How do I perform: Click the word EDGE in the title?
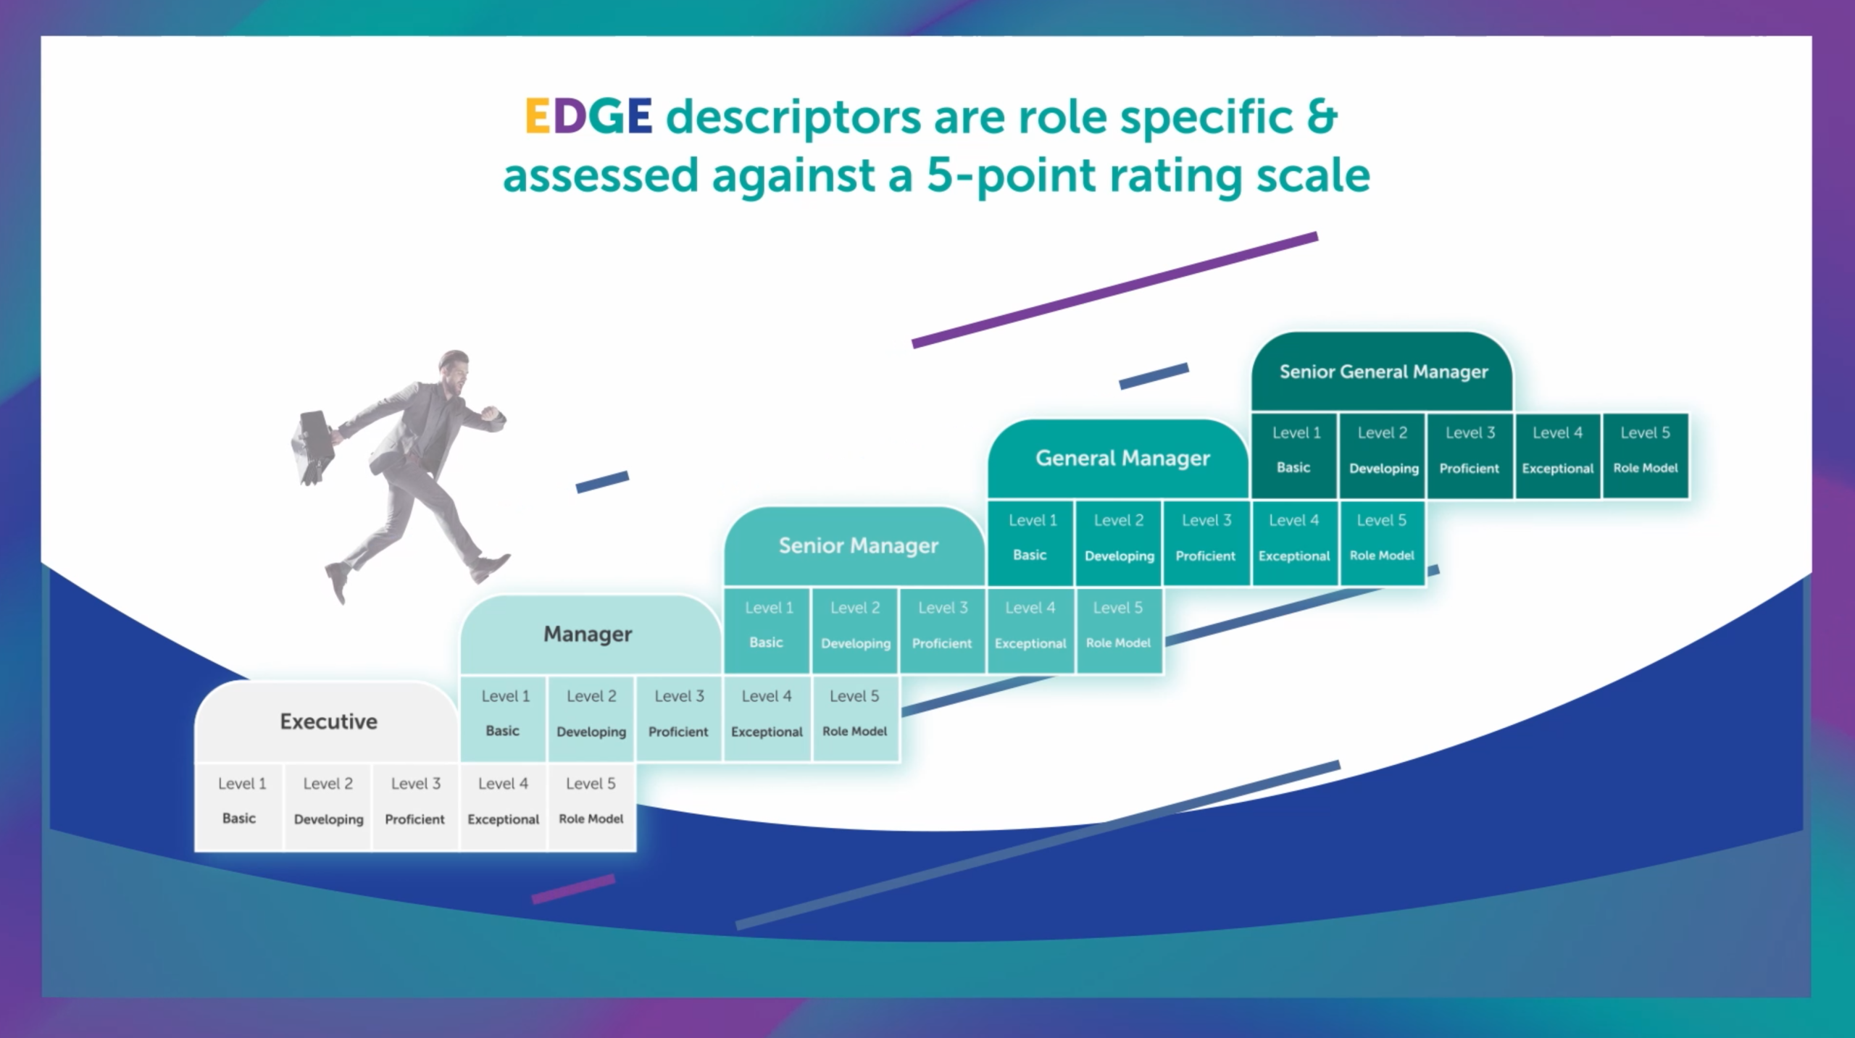(x=588, y=116)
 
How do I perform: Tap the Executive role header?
(x=328, y=721)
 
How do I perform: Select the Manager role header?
(x=588, y=635)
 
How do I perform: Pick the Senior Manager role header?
(x=858, y=545)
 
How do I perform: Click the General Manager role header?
(x=1122, y=458)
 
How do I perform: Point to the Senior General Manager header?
(x=1383, y=372)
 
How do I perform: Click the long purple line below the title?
(x=1114, y=290)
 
